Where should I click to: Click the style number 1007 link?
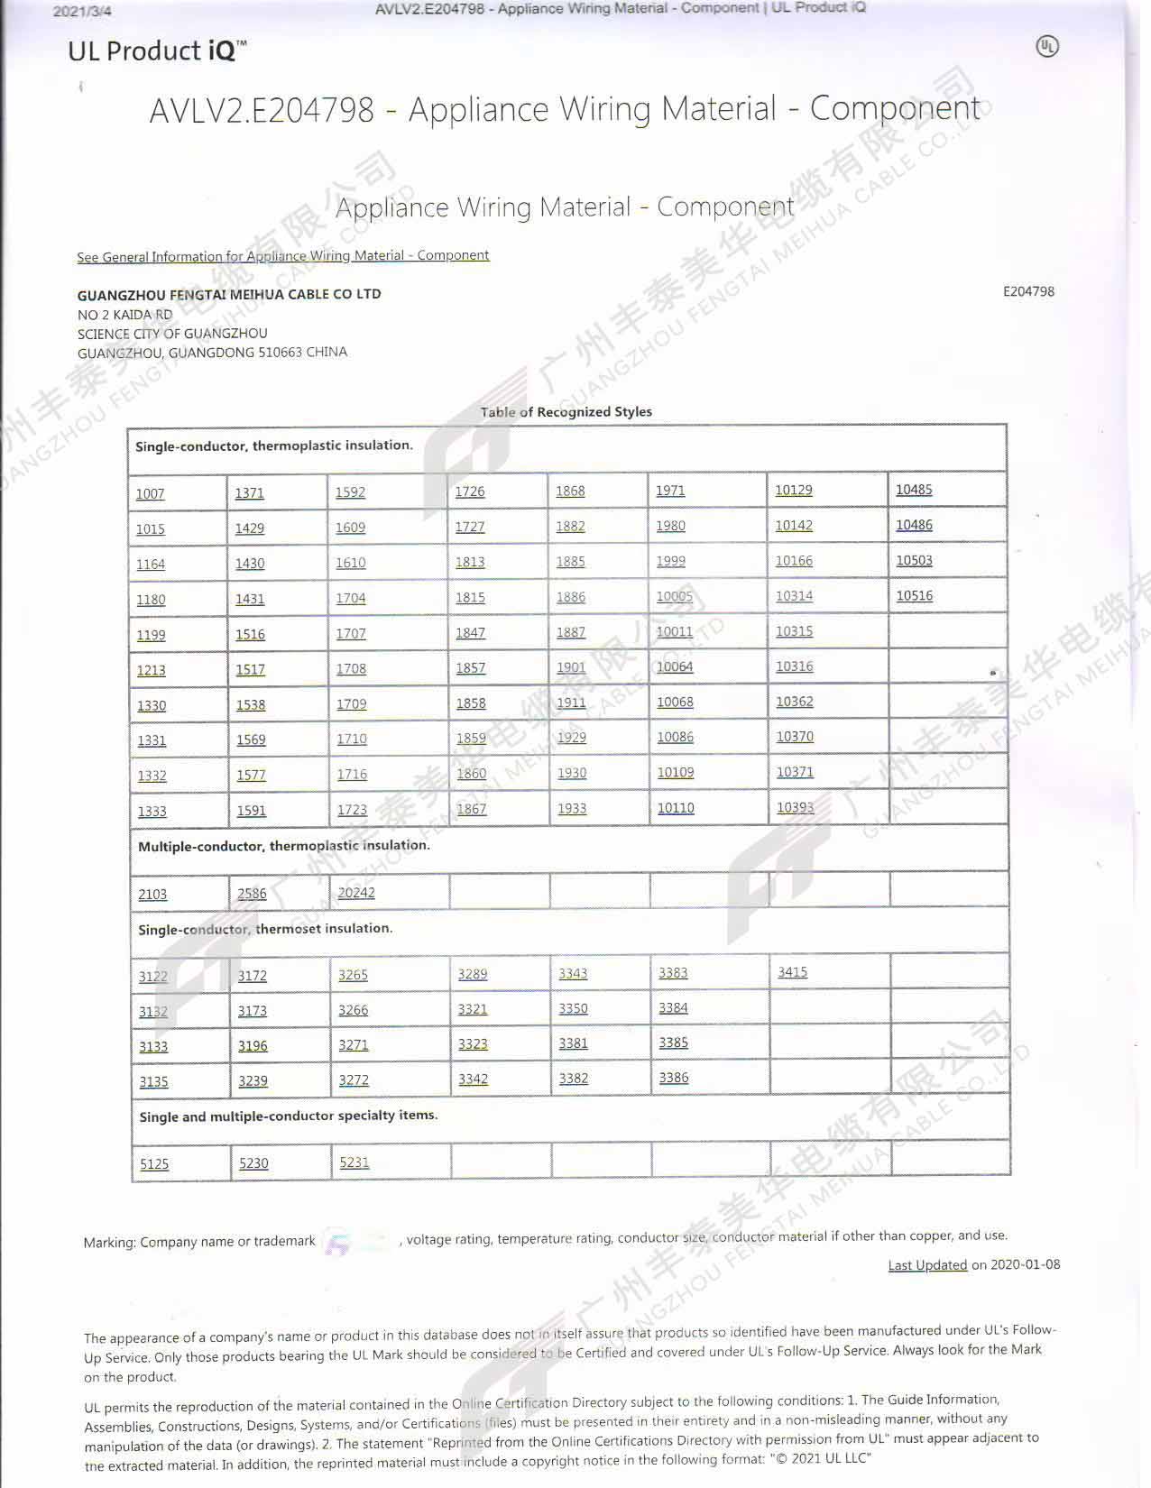pos(150,493)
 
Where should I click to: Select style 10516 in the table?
pos(914,595)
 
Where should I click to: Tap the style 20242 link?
pos(355,892)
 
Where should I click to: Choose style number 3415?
pos(792,971)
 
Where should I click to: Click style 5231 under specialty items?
pos(354,1162)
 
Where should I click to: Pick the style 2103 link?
pos(152,894)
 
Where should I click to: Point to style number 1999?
pos(670,560)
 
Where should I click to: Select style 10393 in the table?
pos(795,806)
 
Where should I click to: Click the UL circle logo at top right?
pos(1046,47)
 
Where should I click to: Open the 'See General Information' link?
pos(282,256)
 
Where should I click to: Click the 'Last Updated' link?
pos(926,1264)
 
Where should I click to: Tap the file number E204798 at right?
pos(1027,291)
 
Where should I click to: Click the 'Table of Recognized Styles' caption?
pos(566,411)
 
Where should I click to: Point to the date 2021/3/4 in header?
pos(82,12)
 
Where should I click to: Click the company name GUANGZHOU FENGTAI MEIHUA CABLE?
pos(228,294)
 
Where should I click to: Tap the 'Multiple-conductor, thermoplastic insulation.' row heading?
pos(284,845)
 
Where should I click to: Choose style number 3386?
pos(673,1077)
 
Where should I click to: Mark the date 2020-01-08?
pos(1025,1263)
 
